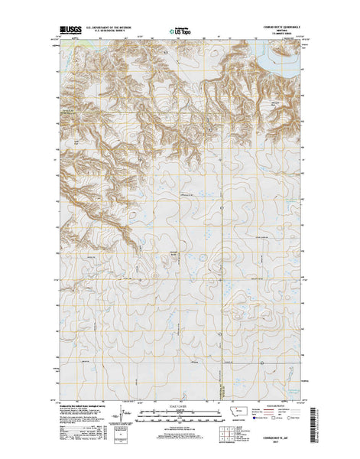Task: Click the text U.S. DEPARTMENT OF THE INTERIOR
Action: (112, 30)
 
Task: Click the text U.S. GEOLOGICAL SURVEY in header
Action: (112, 34)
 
